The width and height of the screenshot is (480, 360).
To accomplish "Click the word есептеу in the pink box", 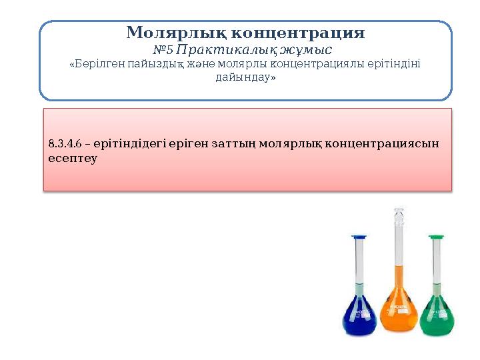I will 73,159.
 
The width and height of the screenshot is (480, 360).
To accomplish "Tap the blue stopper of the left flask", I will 359,237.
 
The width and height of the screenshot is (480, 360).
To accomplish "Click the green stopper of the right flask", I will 437,237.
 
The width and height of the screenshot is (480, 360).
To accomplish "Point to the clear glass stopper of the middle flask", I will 399,216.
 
